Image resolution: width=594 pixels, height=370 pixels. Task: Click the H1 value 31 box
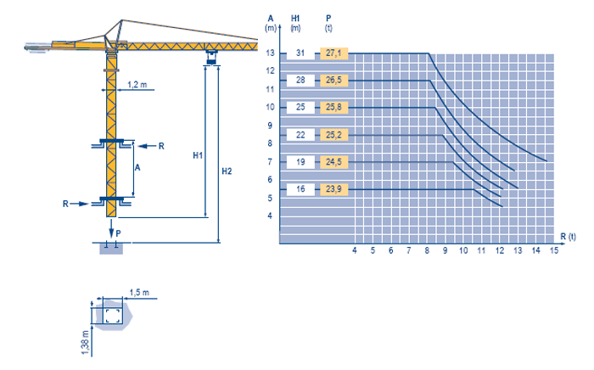tap(300, 53)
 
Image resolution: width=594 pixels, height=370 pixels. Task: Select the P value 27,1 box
tap(333, 53)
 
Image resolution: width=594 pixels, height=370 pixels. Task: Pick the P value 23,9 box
tap(333, 189)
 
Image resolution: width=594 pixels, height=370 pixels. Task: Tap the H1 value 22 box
tap(300, 135)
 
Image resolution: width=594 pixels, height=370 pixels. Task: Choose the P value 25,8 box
tap(333, 108)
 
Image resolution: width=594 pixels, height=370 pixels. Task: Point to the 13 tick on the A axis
tap(270, 53)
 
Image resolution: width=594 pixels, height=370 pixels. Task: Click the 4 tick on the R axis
tap(355, 250)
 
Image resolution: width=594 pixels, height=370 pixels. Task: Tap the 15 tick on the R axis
tap(554, 250)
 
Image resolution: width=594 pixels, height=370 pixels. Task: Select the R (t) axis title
tap(568, 237)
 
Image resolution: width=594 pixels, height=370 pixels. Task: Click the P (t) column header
tap(328, 23)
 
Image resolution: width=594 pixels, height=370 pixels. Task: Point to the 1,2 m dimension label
tap(137, 85)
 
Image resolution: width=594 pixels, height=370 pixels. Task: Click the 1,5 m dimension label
tap(139, 293)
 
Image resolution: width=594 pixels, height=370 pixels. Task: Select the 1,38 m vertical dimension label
tap(85, 343)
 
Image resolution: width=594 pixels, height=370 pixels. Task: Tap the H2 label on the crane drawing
tap(227, 171)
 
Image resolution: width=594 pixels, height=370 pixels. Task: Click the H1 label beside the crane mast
tap(198, 155)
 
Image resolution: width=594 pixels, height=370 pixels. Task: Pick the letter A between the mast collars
tap(137, 167)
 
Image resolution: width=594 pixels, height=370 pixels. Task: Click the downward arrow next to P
tap(111, 228)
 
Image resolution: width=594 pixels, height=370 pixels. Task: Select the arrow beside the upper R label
tap(148, 146)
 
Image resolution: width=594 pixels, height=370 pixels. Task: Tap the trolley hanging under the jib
tap(211, 57)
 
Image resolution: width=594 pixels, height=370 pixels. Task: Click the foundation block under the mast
tap(111, 249)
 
